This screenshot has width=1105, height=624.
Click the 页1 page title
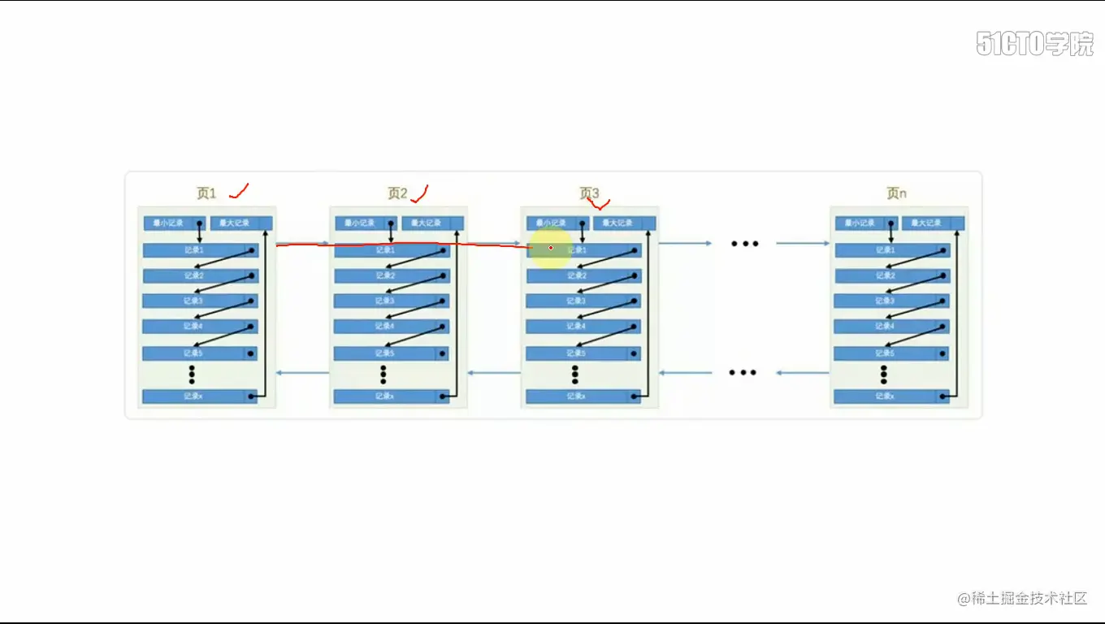click(x=206, y=193)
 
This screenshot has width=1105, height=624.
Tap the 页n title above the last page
click(x=896, y=193)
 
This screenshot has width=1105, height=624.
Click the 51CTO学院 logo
click(x=1034, y=44)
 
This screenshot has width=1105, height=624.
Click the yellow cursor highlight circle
click(x=550, y=248)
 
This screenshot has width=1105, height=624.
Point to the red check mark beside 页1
click(x=239, y=192)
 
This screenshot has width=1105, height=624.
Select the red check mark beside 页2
click(x=419, y=193)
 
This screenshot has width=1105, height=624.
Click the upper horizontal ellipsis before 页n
click(x=744, y=243)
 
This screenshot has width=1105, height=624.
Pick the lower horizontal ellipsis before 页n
click(x=743, y=373)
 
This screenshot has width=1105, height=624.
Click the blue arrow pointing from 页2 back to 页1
click(x=303, y=373)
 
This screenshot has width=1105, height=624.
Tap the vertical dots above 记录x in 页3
click(x=575, y=374)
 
